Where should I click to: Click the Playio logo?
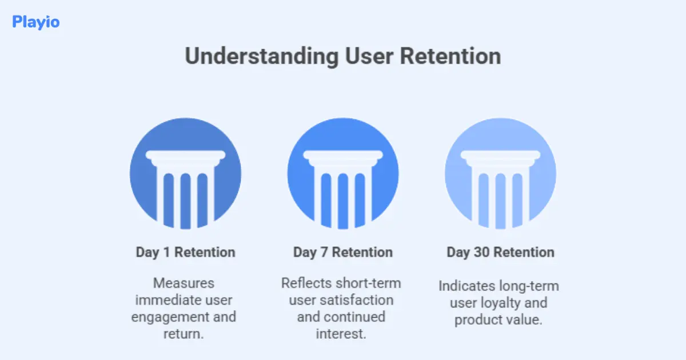[x=35, y=22]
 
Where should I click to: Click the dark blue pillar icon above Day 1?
[x=185, y=174]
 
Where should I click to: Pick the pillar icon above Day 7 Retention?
[x=343, y=174]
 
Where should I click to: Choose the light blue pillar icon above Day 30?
[x=500, y=174]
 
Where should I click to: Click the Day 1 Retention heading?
[x=185, y=252]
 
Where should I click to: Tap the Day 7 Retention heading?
[x=343, y=252]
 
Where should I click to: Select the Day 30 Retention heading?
[x=500, y=252]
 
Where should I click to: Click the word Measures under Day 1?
[x=184, y=283]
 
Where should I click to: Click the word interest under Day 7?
[x=341, y=334]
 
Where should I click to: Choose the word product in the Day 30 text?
[x=478, y=320]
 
